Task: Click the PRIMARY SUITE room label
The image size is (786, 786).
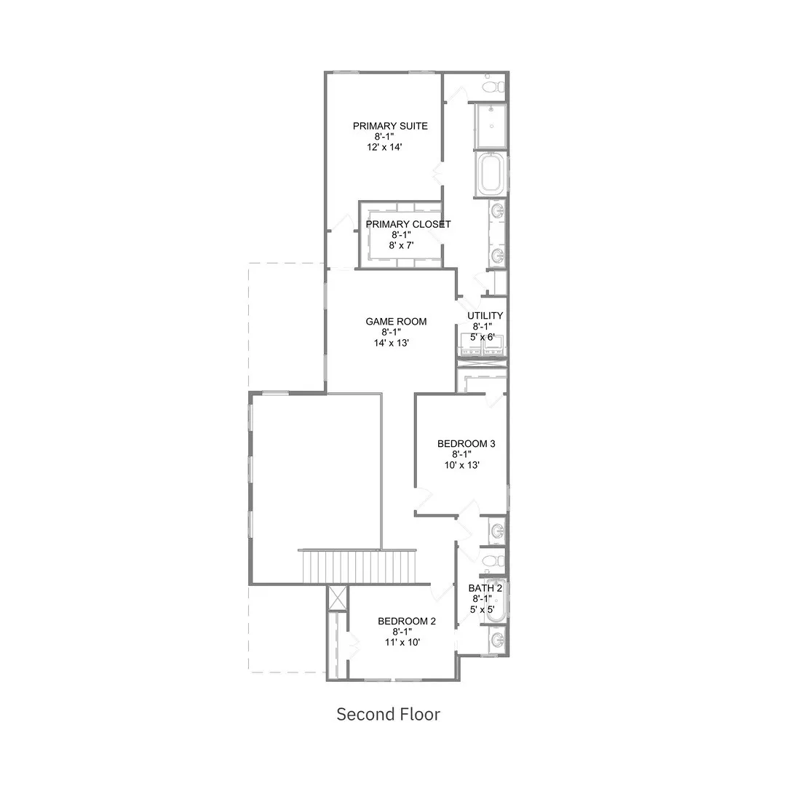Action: [390, 126]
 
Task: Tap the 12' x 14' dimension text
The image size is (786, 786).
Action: [384, 147]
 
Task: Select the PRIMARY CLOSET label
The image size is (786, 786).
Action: [408, 224]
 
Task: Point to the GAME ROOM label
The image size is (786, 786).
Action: [396, 322]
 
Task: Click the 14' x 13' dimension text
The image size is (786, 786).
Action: [392, 343]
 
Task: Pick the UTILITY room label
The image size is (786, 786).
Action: [485, 315]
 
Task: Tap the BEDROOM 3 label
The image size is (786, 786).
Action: [467, 444]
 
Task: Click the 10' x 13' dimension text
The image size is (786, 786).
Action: [462, 465]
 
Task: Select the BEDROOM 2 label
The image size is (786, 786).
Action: [407, 621]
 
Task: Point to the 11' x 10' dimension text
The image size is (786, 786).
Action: [402, 642]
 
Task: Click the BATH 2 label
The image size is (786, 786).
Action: [485, 588]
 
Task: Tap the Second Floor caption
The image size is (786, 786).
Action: [389, 715]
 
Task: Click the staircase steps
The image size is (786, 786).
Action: [358, 566]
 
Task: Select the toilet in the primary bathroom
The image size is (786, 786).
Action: [493, 86]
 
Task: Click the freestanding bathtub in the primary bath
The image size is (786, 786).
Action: [491, 173]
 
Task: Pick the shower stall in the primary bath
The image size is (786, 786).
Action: [491, 126]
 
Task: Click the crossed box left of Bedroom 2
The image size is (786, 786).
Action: [337, 598]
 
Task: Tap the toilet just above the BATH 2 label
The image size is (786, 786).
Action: [493, 560]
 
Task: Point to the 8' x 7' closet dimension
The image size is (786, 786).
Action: [402, 245]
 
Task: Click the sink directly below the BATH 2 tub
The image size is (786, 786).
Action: [497, 639]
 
